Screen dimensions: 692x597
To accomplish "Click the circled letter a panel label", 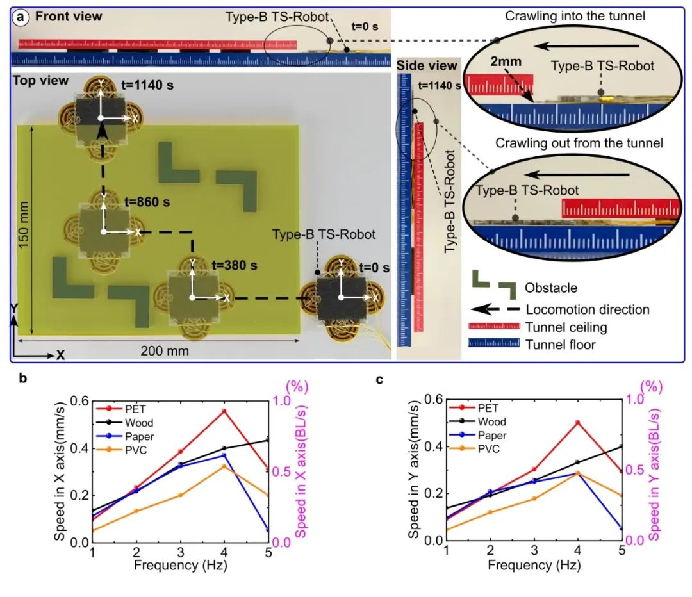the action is point(21,18).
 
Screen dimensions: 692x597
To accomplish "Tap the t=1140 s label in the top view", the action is point(147,85).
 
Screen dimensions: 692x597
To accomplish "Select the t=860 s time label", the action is point(147,202).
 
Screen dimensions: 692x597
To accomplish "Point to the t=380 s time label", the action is point(235,265).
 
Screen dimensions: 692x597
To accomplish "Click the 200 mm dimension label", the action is point(165,351).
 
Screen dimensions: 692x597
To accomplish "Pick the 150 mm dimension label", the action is point(24,225).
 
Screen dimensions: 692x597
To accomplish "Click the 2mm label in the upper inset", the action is point(506,61).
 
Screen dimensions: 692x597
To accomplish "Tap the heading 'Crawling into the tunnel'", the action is point(575,16).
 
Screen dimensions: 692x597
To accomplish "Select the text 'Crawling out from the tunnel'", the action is point(579,143).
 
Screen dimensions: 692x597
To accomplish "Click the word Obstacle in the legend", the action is point(551,288).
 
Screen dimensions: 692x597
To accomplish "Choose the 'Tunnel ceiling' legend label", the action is point(566,327).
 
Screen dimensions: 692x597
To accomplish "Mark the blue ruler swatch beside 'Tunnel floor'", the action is point(494,343).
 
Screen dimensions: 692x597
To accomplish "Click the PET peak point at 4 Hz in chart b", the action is point(224,411).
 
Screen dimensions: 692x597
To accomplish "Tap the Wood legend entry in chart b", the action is point(139,423).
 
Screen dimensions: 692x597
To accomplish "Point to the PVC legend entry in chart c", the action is point(489,449).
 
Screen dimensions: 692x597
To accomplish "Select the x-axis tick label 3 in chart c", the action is point(534,550).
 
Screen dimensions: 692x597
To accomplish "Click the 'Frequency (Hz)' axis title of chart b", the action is point(181,565).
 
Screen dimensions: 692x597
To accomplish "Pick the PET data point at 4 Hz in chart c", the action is point(577,422).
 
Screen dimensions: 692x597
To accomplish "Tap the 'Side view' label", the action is point(426,66).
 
